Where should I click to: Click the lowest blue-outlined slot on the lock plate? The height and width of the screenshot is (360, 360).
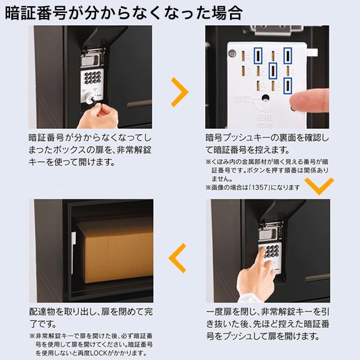pyautogui.click(x=288, y=85)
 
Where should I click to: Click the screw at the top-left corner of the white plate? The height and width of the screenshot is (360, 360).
pyautogui.click(x=232, y=54)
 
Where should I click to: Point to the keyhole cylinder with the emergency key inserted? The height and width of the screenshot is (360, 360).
pyautogui.click(x=90, y=98)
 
